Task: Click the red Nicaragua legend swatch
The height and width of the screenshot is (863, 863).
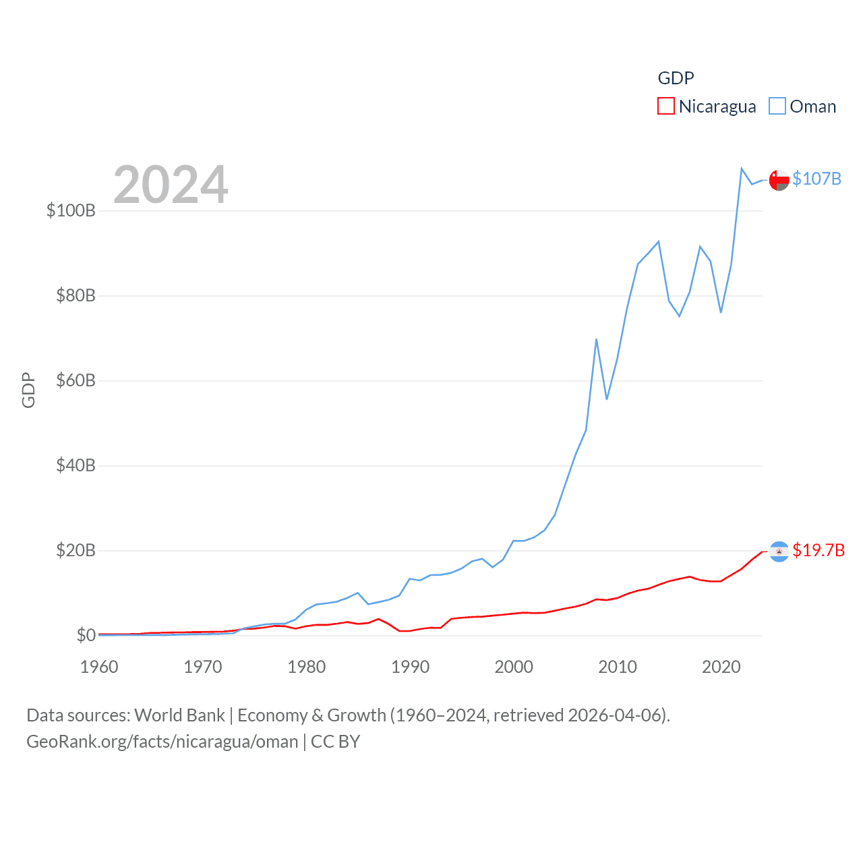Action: coord(665,107)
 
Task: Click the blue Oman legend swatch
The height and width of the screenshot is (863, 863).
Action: coord(777,107)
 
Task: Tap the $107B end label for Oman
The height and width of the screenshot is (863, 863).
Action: coord(816,179)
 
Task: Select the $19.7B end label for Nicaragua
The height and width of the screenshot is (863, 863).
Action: coord(819,550)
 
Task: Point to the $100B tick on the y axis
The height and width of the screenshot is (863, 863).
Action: coord(71,210)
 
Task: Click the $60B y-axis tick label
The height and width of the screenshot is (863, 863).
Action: coord(76,380)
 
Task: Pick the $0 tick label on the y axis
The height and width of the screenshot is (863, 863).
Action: coord(86,635)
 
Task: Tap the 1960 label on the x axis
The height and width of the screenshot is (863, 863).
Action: coord(99,667)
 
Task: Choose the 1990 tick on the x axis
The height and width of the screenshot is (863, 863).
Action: coord(410,667)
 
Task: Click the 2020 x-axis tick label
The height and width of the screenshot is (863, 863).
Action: coord(721,667)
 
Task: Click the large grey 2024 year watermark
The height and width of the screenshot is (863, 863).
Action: coord(171,185)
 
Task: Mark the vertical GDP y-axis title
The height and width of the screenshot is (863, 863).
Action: coord(28,390)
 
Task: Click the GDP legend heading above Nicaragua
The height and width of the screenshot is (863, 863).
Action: coord(676,78)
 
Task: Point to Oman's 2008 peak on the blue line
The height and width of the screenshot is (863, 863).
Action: coord(597,340)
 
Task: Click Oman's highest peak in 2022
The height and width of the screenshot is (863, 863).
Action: coord(742,169)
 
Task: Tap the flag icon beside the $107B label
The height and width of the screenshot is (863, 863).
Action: coord(779,180)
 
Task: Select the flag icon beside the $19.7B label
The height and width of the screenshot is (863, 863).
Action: coord(779,552)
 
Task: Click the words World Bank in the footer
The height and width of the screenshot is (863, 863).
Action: coord(179,715)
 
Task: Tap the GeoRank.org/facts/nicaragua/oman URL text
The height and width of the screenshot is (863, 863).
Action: coord(162,742)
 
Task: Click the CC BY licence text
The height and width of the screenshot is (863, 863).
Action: coord(335,742)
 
